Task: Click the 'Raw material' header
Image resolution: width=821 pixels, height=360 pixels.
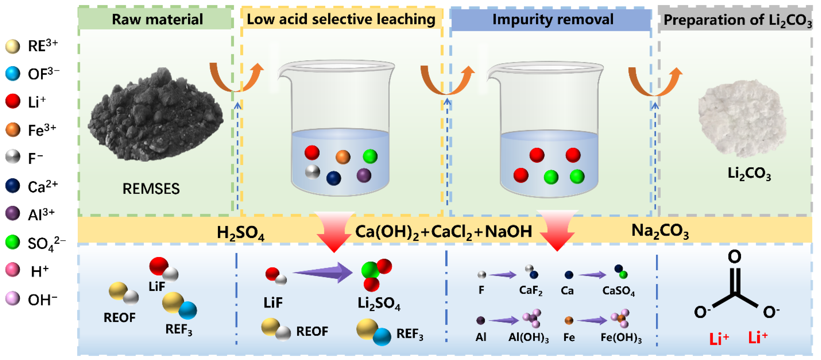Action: point(157,19)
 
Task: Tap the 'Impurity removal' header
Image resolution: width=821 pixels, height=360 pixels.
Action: point(553,19)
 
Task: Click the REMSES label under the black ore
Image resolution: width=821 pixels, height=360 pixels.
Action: point(151,189)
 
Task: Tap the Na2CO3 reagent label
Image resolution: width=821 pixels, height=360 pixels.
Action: point(660,231)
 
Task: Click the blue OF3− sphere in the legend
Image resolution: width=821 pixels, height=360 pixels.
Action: point(13,74)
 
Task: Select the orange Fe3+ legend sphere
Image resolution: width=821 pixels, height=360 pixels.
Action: point(13,130)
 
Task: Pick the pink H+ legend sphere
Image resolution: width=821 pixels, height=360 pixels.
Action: point(13,270)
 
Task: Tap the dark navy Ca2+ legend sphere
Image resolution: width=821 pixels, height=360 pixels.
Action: point(13,186)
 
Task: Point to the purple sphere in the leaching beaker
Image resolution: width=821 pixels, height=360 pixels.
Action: point(364,175)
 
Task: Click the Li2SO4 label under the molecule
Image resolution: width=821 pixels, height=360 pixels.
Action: point(379,303)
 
